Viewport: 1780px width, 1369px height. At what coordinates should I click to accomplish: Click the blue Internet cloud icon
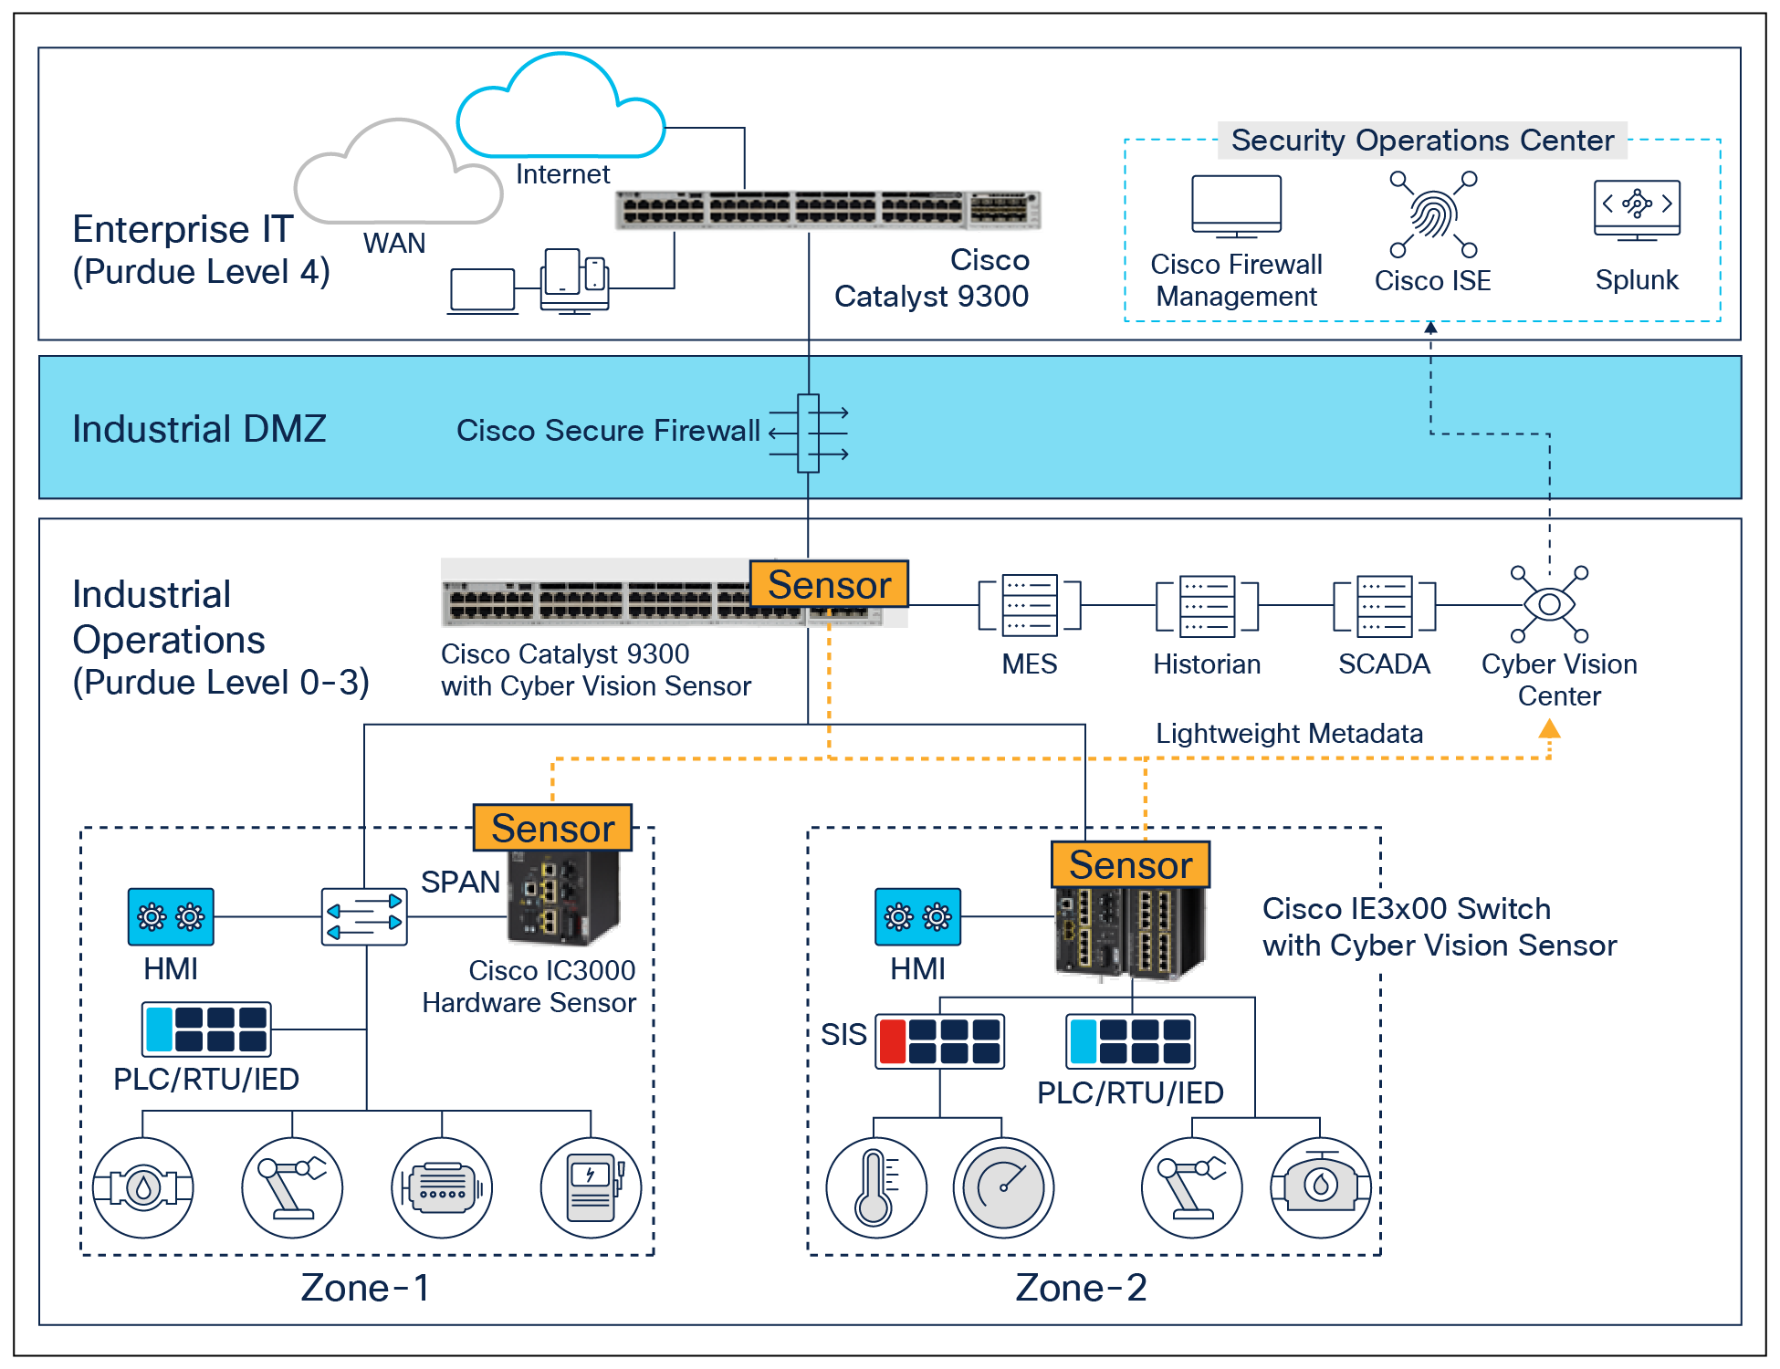pyautogui.click(x=560, y=110)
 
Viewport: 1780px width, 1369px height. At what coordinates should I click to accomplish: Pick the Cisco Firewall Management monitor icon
pyautogui.click(x=1236, y=206)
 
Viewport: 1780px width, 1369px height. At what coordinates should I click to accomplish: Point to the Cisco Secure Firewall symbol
pyautogui.click(x=808, y=433)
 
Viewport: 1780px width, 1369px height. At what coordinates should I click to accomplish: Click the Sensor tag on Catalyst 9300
pyautogui.click(x=829, y=584)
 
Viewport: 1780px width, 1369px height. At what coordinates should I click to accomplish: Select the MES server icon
pyautogui.click(x=1029, y=604)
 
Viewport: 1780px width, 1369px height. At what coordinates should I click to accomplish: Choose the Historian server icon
pyautogui.click(x=1207, y=604)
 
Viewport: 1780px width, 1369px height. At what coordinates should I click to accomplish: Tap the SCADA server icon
pyautogui.click(x=1384, y=604)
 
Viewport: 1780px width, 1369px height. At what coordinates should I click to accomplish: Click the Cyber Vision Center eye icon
pyautogui.click(x=1549, y=604)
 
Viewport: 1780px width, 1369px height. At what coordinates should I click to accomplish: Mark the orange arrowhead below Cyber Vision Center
pyautogui.click(x=1549, y=729)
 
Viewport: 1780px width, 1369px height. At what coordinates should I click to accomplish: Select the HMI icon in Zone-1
pyautogui.click(x=171, y=916)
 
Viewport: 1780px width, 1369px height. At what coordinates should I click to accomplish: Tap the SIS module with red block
pyautogui.click(x=939, y=1041)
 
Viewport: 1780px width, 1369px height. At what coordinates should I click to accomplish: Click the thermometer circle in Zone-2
pyautogui.click(x=875, y=1187)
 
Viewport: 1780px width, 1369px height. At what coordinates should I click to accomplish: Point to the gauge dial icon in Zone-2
pyautogui.click(x=1003, y=1187)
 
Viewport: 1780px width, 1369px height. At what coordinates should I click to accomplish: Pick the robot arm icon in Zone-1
pyautogui.click(x=292, y=1187)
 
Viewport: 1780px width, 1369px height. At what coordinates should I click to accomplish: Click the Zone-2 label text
pyautogui.click(x=1081, y=1288)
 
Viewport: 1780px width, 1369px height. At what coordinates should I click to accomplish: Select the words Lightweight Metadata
pyautogui.click(x=1289, y=734)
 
